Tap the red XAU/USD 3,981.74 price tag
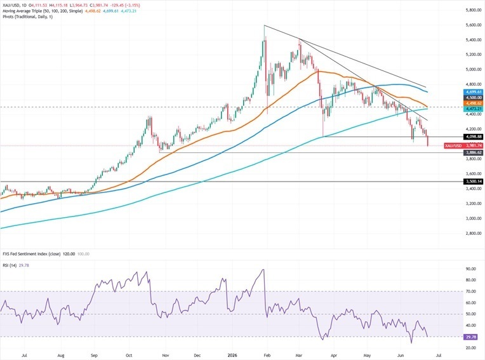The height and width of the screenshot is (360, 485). tap(463, 145)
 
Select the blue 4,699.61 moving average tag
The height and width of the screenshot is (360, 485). tap(473, 92)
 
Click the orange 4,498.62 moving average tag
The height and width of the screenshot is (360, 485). tap(473, 103)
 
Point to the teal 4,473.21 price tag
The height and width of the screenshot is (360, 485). tap(473, 109)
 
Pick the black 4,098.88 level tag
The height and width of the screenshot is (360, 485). tap(473, 137)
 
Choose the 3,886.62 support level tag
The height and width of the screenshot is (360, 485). tap(473, 153)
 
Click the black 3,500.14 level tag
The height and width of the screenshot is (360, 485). tap(473, 182)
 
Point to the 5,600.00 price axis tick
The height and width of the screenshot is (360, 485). tap(474, 25)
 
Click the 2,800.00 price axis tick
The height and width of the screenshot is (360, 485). tap(474, 234)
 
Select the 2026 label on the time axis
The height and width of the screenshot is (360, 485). tap(232, 356)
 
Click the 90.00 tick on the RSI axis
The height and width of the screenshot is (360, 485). tap(471, 269)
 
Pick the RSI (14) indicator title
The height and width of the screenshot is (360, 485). tap(10, 265)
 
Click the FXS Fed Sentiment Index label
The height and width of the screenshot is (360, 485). tap(25, 254)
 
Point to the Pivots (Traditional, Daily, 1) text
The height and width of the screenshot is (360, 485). tap(27, 17)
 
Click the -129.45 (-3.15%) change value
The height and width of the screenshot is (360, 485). tap(127, 6)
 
